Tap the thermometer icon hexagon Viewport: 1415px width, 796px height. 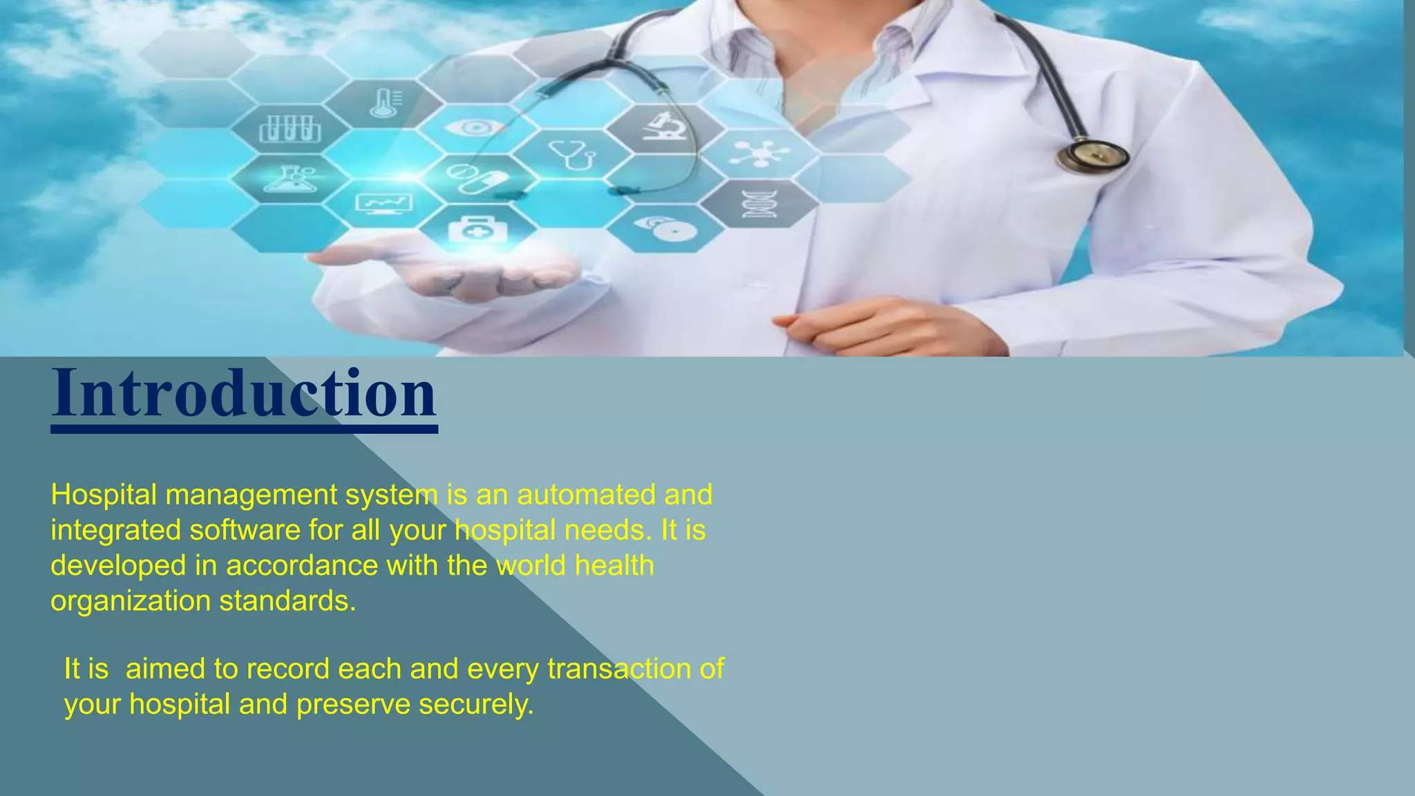(385, 103)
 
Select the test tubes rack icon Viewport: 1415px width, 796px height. (290, 129)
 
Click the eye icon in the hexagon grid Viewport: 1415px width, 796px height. (475, 128)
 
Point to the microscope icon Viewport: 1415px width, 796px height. (665, 127)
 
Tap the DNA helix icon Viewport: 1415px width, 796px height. (759, 204)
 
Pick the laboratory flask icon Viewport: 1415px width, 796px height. (290, 179)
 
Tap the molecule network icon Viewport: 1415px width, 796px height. (759, 153)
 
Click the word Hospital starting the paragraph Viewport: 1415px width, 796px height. (104, 495)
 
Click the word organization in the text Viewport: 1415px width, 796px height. (130, 600)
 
